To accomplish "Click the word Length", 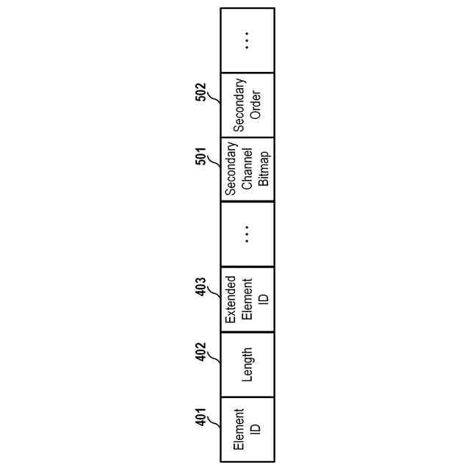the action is [x=247, y=364].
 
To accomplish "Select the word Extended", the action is [x=231, y=300].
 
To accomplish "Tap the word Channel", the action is [x=247, y=170].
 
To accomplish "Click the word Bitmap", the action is [x=264, y=170].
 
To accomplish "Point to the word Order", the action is [x=256, y=105].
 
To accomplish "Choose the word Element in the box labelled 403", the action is [x=247, y=300].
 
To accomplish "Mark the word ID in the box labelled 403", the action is [x=264, y=300].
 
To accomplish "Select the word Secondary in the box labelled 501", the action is [x=231, y=170].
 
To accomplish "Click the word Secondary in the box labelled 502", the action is [x=239, y=105].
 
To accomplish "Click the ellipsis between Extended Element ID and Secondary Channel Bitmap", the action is [x=247, y=234].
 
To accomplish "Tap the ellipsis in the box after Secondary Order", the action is [x=247, y=40].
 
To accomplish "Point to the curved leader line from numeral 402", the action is [x=214, y=358].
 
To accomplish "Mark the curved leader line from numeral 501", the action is [x=214, y=163].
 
